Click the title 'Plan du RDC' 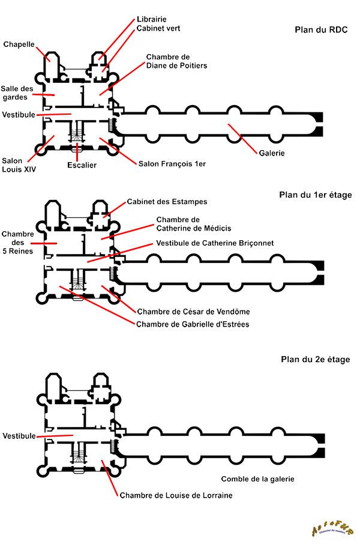pyautogui.click(x=321, y=29)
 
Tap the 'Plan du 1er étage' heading pyautogui.click(x=316, y=195)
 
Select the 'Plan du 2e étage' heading pyautogui.click(x=315, y=360)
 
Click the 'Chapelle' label pyautogui.click(x=19, y=44)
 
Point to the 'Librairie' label pyautogui.click(x=152, y=19)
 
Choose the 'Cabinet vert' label pyautogui.click(x=158, y=28)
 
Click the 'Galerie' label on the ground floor pyautogui.click(x=272, y=153)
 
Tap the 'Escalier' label pyautogui.click(x=82, y=165)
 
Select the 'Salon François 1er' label pyautogui.click(x=172, y=163)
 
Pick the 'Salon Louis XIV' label pyautogui.click(x=19, y=165)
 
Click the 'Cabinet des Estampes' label pyautogui.click(x=167, y=202)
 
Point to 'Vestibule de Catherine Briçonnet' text pyautogui.click(x=215, y=243)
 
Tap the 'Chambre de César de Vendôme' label pyautogui.click(x=193, y=312)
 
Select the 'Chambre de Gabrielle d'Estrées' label pyautogui.click(x=193, y=324)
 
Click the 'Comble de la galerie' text pyautogui.click(x=258, y=479)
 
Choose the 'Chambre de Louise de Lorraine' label pyautogui.click(x=176, y=495)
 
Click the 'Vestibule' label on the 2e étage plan pyautogui.click(x=19, y=436)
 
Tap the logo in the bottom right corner pyautogui.click(x=332, y=528)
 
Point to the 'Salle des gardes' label pyautogui.click(x=17, y=93)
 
